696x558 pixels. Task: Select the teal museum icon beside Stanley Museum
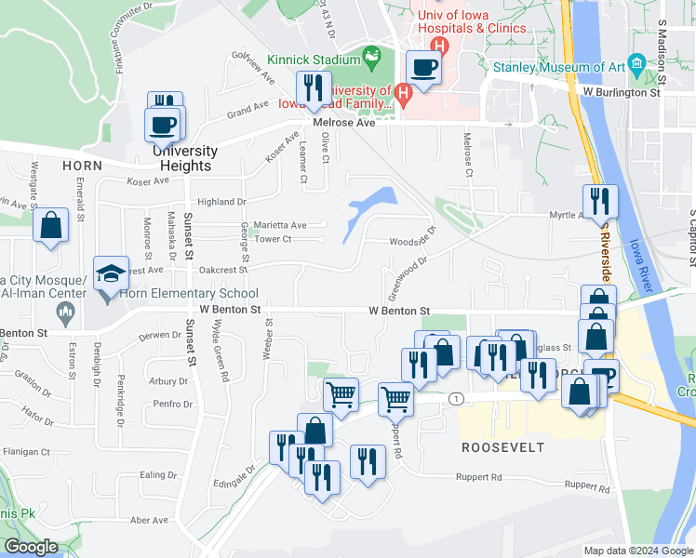[x=636, y=63]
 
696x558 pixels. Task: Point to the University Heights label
[x=185, y=158]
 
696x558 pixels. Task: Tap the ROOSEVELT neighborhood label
[x=502, y=446]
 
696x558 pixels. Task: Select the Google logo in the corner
[x=32, y=546]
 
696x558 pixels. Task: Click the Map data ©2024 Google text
[x=637, y=551]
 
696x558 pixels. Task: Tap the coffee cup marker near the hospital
[x=424, y=68]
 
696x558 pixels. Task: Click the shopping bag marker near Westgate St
[x=50, y=226]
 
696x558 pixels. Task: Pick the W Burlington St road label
[x=621, y=92]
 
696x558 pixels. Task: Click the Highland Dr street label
[x=221, y=201]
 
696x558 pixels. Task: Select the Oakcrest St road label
[x=223, y=270]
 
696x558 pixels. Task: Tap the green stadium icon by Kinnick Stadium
[x=371, y=58]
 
